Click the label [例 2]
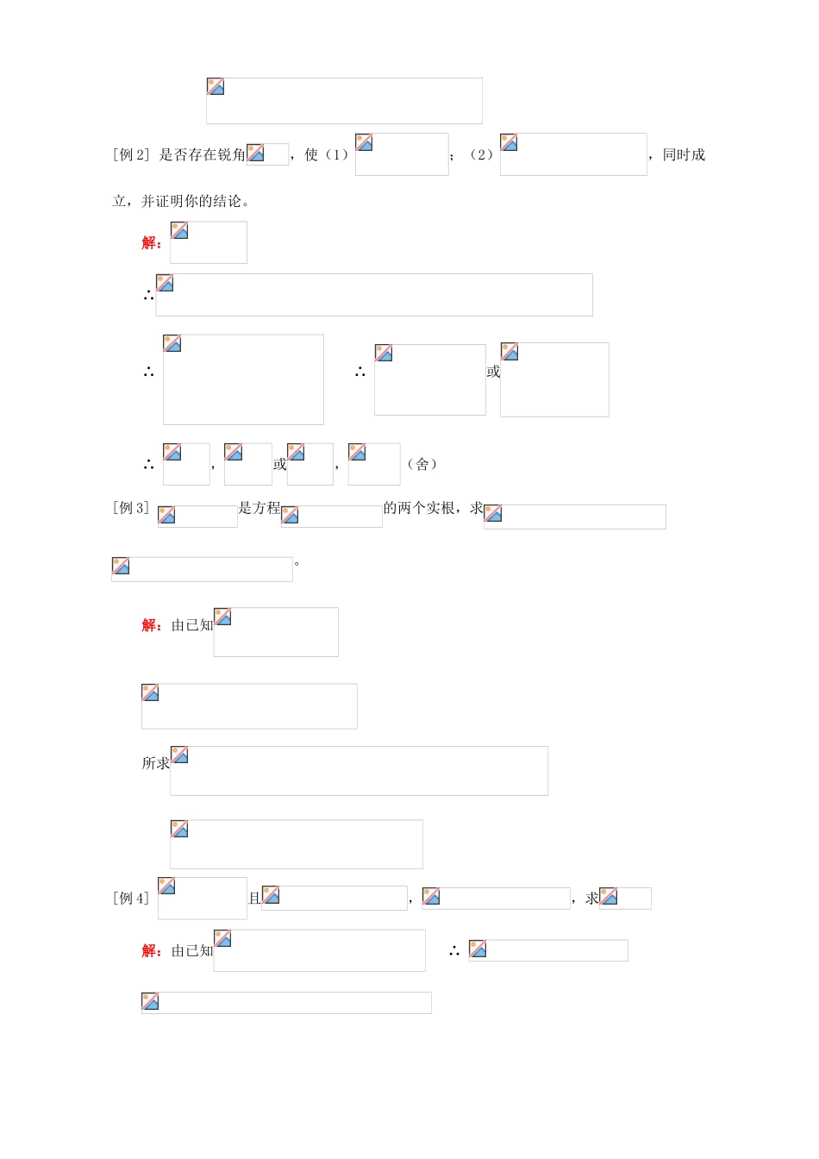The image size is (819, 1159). pyautogui.click(x=131, y=154)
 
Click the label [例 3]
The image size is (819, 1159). pyautogui.click(x=131, y=508)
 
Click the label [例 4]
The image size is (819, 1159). pyautogui.click(x=131, y=898)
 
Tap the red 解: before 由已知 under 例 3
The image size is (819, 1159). pyautogui.click(x=152, y=625)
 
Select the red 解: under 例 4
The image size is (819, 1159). pyautogui.click(x=152, y=950)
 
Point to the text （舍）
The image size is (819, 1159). pyautogui.click(x=422, y=464)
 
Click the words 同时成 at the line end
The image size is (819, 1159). pyautogui.click(x=684, y=154)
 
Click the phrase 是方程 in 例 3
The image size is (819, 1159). pyautogui.click(x=259, y=508)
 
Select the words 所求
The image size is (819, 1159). pyautogui.click(x=156, y=763)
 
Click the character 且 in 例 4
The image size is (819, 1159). pyautogui.click(x=254, y=899)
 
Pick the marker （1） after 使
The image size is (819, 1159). pyautogui.click(x=336, y=154)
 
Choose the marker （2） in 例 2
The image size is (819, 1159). pyautogui.click(x=481, y=154)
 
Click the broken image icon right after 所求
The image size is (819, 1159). pyautogui.click(x=179, y=755)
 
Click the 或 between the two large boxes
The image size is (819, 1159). pyautogui.click(x=493, y=372)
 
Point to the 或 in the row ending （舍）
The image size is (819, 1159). pyautogui.click(x=280, y=464)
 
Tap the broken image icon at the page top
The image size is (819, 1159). pyautogui.click(x=216, y=86)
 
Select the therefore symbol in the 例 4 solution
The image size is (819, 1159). pyautogui.click(x=453, y=951)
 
